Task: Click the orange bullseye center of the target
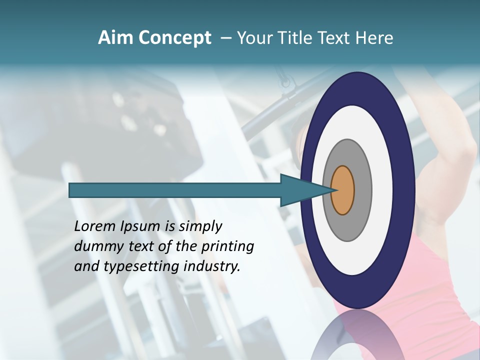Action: pyautogui.click(x=343, y=190)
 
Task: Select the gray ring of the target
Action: pyautogui.click(x=361, y=190)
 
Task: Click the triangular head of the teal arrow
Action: pyautogui.click(x=300, y=190)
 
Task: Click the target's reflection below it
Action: pyautogui.click(x=357, y=335)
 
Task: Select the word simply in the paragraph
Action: pyautogui.click(x=200, y=226)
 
